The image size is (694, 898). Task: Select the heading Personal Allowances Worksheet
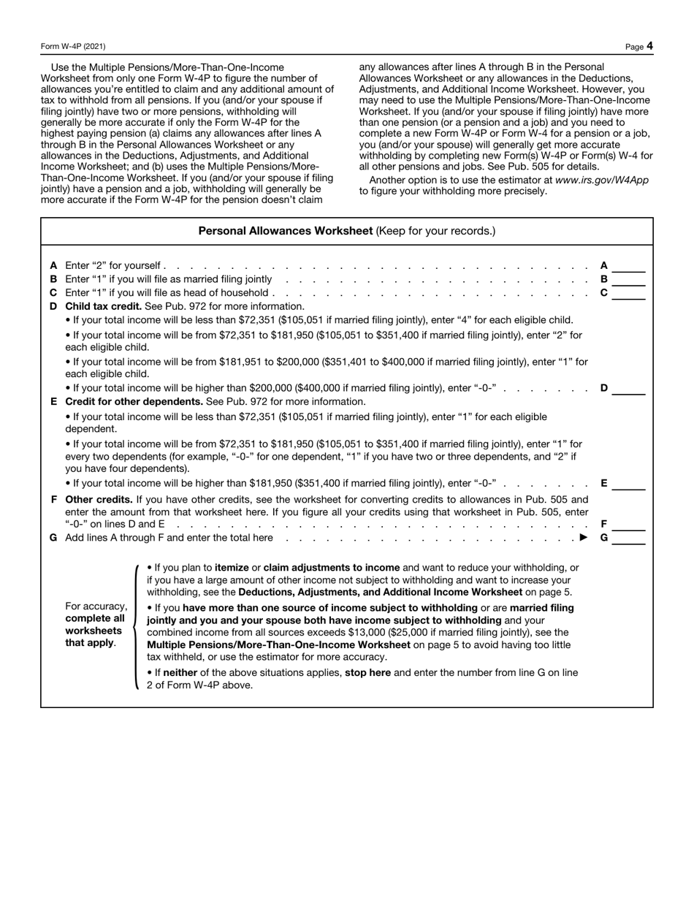pyautogui.click(x=286, y=231)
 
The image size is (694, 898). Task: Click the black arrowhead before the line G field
pyautogui.click(x=583, y=538)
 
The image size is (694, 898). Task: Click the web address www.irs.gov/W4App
pyautogui.click(x=601, y=180)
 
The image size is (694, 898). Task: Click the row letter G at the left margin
pyautogui.click(x=53, y=538)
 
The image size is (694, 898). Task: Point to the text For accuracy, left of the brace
pyautogui.click(x=96, y=606)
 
